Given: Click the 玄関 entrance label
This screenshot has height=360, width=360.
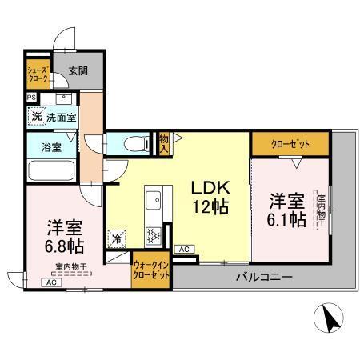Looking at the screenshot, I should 78,70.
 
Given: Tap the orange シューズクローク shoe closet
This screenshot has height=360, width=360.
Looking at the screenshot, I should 38,74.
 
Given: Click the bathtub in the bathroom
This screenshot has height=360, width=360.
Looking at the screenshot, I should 51,170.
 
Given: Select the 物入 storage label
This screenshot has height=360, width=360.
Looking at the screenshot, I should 164,144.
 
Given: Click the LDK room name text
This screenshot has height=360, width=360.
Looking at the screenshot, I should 210,189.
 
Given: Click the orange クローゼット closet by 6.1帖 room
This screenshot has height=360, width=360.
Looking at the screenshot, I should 290,144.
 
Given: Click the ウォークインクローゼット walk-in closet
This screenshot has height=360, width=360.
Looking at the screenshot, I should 151,269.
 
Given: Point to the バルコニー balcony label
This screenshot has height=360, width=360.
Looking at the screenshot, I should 263,278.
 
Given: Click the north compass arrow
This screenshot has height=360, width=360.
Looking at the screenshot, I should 330,319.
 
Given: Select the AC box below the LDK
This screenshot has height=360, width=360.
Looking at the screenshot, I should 183,250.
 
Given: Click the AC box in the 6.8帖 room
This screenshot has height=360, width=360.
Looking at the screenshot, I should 50,282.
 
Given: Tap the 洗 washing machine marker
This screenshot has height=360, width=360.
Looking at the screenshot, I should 36,116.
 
